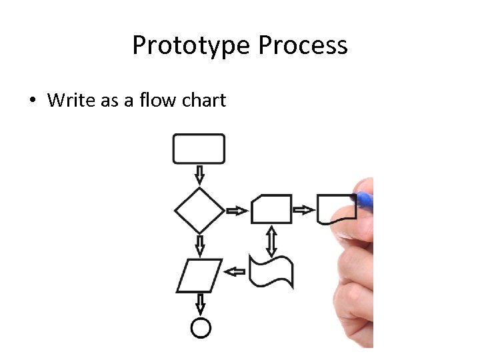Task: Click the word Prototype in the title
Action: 192,46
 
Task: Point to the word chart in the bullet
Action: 203,101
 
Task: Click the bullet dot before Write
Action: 31,101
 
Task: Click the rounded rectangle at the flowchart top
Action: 199,149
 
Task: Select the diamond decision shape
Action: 199,211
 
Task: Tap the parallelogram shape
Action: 199,275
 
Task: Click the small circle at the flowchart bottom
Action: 200,327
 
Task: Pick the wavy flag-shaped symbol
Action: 271,271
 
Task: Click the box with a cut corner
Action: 271,209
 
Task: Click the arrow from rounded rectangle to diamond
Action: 199,175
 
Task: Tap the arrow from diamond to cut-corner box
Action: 237,211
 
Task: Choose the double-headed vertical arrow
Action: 271,241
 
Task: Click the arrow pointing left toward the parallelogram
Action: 235,271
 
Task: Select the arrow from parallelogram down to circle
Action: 199,305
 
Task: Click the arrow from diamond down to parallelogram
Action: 199,245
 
